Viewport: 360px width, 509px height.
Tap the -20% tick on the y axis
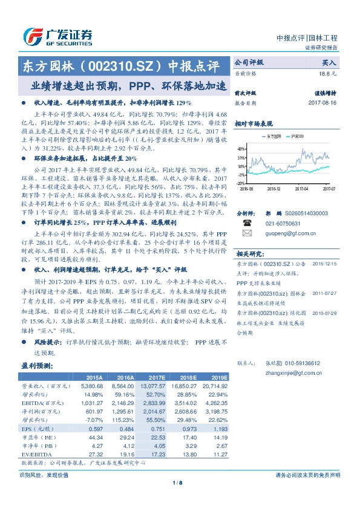[240, 183]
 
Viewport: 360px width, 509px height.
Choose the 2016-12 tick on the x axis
[274, 188]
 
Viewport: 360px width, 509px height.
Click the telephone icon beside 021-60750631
[246, 222]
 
